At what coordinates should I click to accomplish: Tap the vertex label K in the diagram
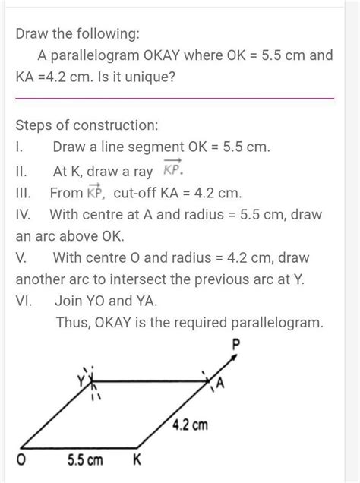pos(137,460)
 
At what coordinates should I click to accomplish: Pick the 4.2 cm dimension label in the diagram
pos(190,425)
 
